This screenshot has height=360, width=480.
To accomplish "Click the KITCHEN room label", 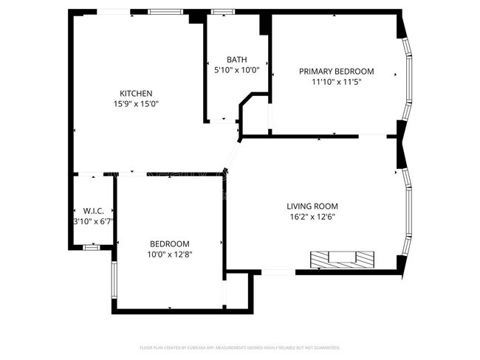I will [136, 93].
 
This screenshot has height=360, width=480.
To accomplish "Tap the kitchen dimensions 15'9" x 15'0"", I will [136, 104].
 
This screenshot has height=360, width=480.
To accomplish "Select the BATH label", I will [236, 60].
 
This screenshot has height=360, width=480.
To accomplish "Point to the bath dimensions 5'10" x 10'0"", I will [236, 71].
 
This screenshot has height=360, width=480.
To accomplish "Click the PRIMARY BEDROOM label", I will [336, 72].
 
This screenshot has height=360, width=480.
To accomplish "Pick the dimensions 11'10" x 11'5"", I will [336, 83].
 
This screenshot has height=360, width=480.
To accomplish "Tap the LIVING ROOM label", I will [312, 206].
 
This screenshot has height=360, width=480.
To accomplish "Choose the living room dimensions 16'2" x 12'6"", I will [312, 217].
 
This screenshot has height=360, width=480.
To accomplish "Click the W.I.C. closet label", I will [92, 210].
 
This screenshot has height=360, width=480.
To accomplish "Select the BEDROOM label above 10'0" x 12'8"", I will [169, 244].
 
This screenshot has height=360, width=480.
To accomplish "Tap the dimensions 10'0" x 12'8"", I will [169, 255].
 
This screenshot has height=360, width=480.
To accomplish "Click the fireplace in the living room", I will [342, 259].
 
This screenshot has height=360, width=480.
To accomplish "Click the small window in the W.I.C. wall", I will [91, 249].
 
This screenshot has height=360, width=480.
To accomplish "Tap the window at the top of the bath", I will [220, 12].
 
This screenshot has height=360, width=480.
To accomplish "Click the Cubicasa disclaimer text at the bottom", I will [240, 347].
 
